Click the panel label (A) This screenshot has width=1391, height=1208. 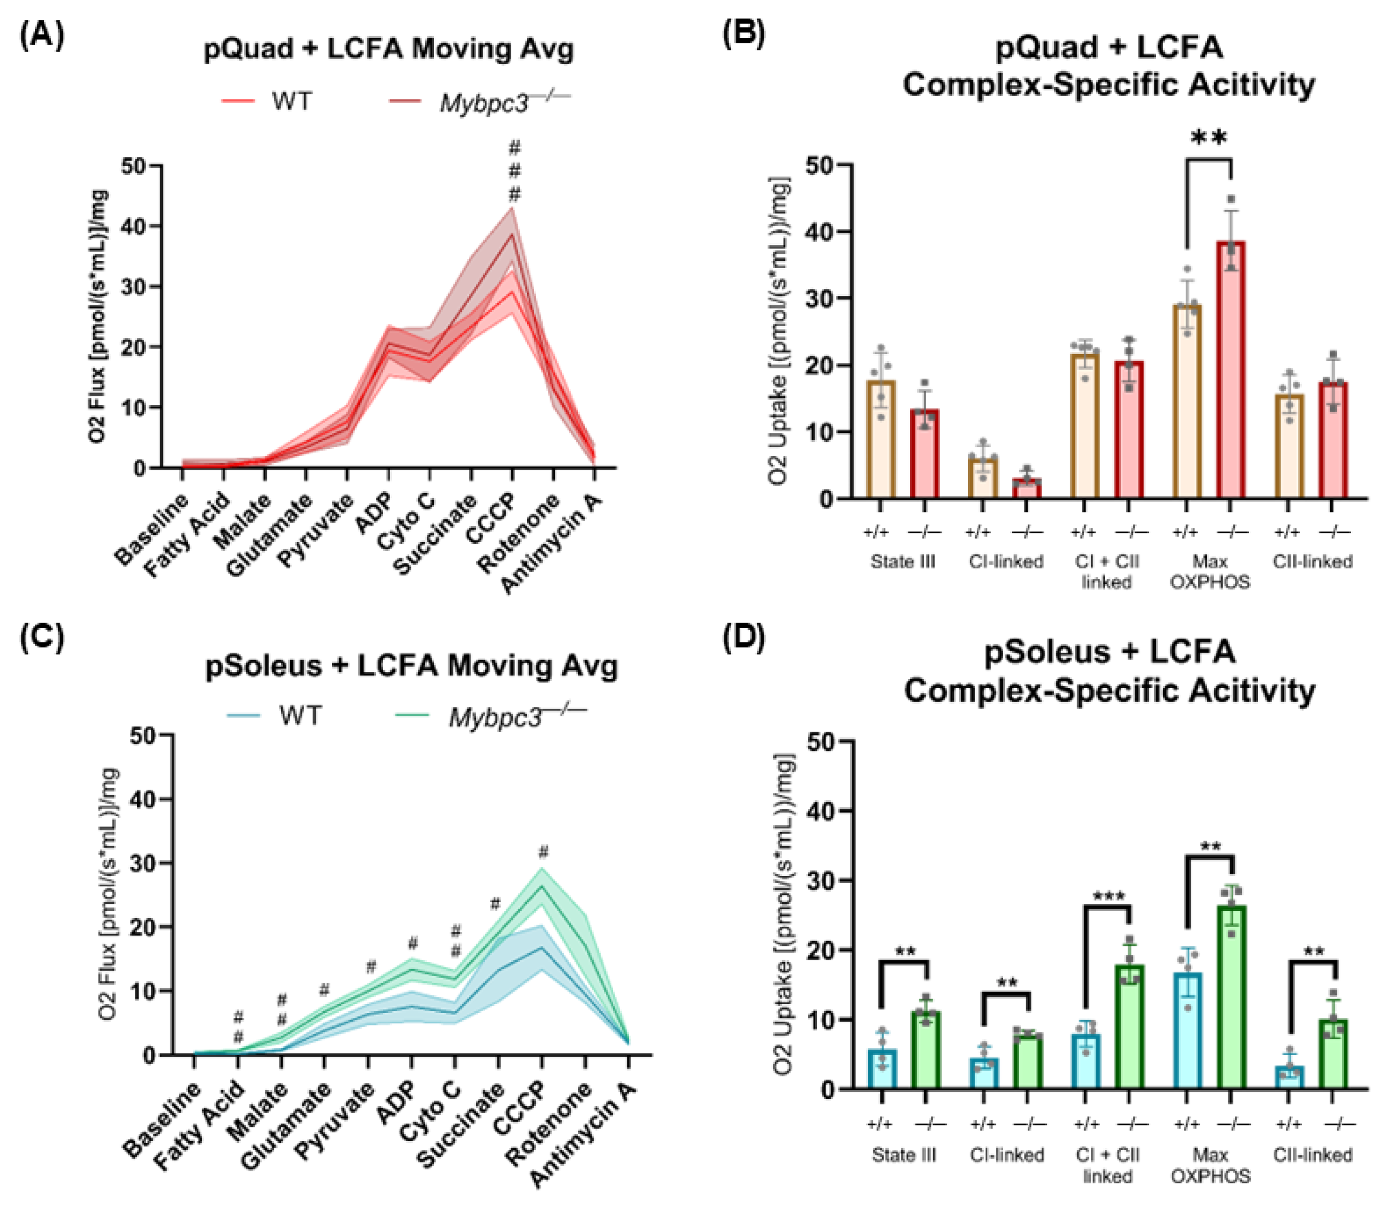pos(42,36)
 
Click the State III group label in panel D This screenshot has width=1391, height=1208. pos(904,1155)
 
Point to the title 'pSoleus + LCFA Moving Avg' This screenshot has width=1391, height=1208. pos(411,666)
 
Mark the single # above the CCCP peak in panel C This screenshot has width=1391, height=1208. pos(543,852)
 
